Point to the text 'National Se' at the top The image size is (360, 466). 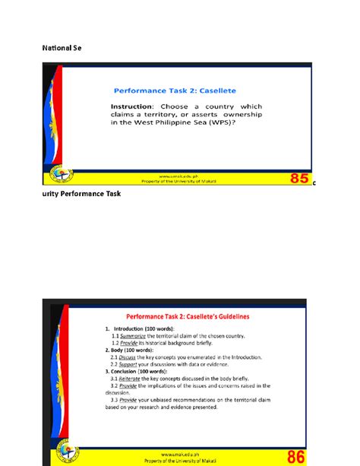[x=61, y=48]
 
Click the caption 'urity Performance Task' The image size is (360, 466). [x=81, y=194]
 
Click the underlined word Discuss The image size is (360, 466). [x=123, y=356]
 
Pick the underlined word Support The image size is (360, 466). [x=124, y=363]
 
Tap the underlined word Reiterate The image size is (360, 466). [x=125, y=378]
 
